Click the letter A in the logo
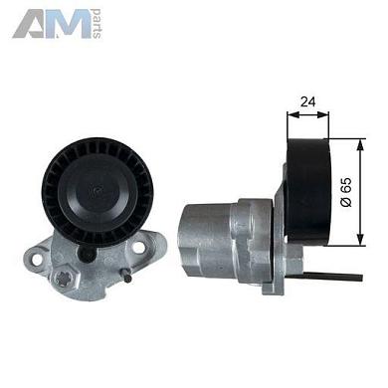coord(30,24)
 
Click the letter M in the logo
coord(69,24)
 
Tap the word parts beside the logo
coord(97,24)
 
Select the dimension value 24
coord(307,101)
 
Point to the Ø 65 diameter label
coord(346,192)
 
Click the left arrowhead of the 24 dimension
coord(292,114)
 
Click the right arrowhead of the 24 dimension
coord(322,114)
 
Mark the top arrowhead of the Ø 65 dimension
coord(360,145)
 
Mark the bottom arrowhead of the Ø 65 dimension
coord(360,240)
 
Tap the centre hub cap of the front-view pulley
coord(97,191)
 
